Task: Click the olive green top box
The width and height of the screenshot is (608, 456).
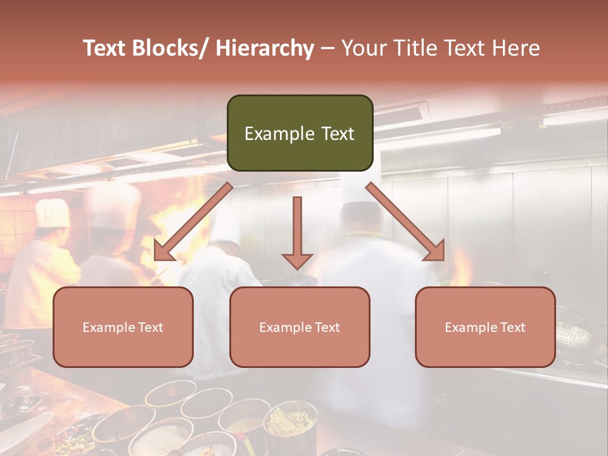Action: coord(300,133)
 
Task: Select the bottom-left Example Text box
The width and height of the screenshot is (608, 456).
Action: coord(123,327)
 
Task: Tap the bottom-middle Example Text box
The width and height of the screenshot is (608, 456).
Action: coord(300,327)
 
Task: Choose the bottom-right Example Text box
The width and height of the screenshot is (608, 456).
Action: coord(485,327)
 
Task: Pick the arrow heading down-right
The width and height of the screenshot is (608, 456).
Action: coord(406,222)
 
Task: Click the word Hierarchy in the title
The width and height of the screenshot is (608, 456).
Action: coord(265,48)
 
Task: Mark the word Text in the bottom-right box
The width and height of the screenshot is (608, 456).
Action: coord(512,327)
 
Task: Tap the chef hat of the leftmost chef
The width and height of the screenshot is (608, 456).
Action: coord(52,213)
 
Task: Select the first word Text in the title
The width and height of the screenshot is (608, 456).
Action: coord(104,48)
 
